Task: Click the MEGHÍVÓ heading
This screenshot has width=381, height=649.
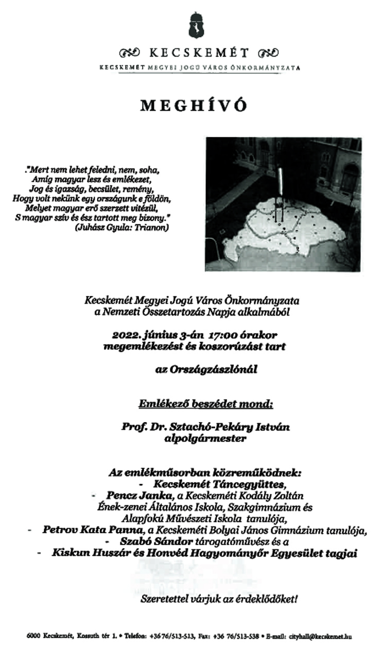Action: point(194,105)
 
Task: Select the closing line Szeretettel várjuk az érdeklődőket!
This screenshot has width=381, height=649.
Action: point(220,599)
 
